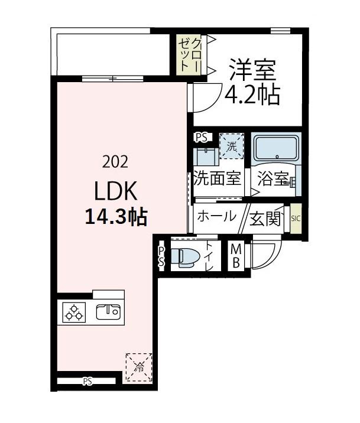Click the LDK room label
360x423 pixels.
coord(116,191)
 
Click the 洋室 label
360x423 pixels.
coord(253,71)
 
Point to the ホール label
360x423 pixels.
coord(216,216)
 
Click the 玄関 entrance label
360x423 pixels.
coord(264,219)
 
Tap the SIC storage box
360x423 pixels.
coord(296,219)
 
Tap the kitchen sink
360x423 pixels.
coord(108,311)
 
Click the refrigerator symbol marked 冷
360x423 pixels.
coord(139,366)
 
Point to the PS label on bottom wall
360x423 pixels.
coord(87,381)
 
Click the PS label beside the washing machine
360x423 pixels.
coord(201,138)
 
